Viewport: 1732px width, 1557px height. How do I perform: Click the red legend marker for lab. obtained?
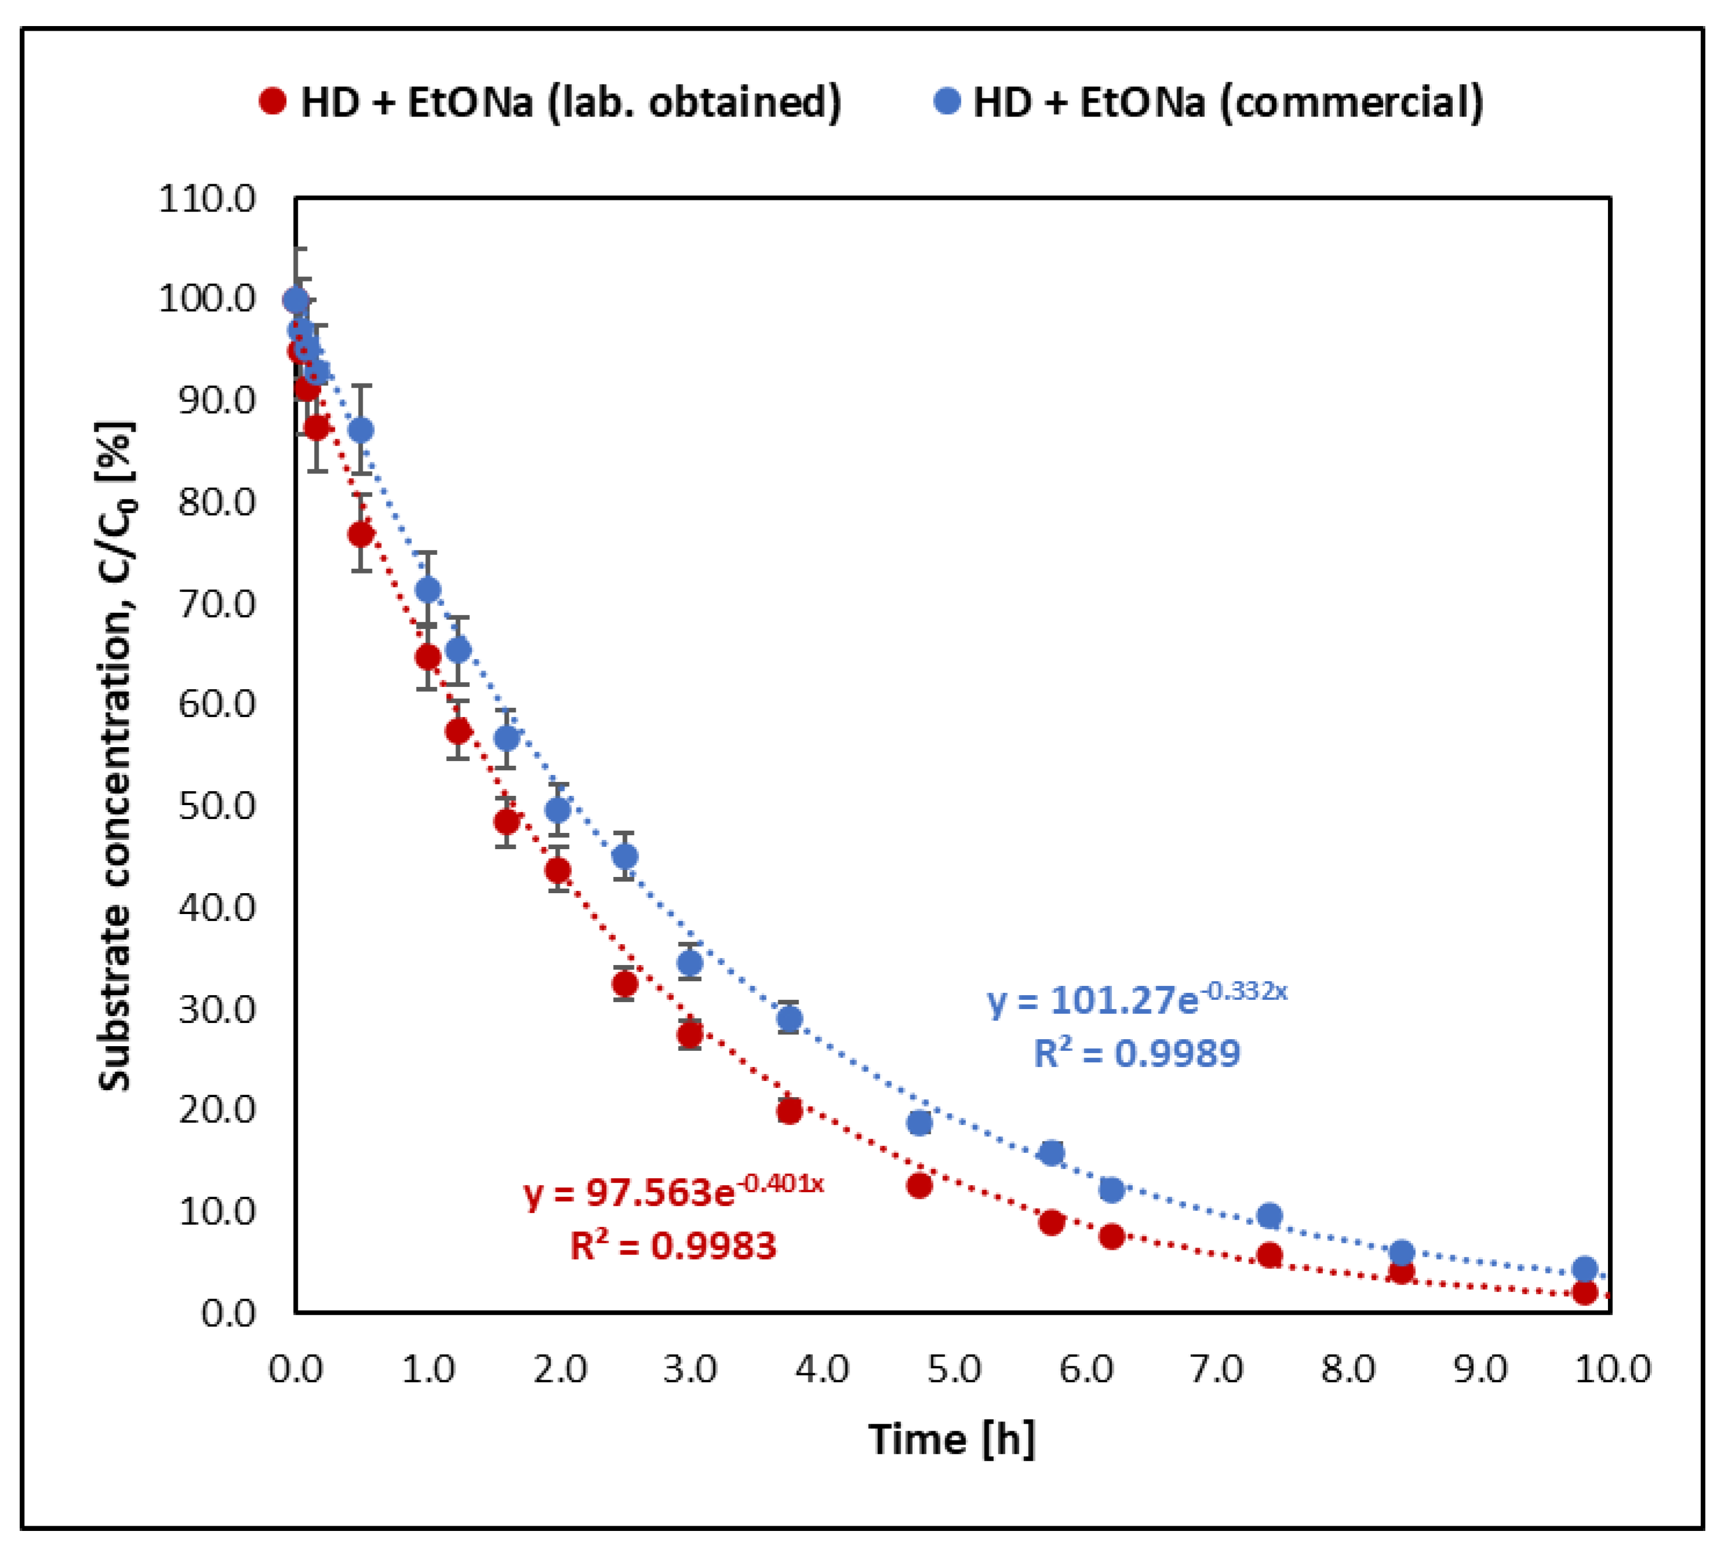pyautogui.click(x=272, y=102)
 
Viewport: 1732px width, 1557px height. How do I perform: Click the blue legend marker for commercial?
pyautogui.click(x=946, y=102)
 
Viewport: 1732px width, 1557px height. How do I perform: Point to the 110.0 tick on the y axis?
pyautogui.click(x=207, y=199)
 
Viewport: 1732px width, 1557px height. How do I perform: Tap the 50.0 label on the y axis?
pyautogui.click(x=217, y=806)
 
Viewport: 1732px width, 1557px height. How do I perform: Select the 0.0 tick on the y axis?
pyautogui.click(x=228, y=1313)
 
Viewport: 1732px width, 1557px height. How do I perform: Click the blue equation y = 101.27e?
pyautogui.click(x=1136, y=999)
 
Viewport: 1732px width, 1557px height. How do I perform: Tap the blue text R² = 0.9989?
pyautogui.click(x=1136, y=1053)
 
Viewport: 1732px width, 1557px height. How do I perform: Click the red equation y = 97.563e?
pyautogui.click(x=673, y=1191)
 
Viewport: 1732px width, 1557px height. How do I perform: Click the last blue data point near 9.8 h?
pyautogui.click(x=1585, y=1269)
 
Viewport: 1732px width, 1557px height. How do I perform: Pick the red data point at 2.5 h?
pyautogui.click(x=625, y=985)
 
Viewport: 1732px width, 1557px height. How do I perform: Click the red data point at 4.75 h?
pyautogui.click(x=919, y=1186)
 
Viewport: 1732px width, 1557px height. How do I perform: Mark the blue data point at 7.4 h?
pyautogui.click(x=1270, y=1216)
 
